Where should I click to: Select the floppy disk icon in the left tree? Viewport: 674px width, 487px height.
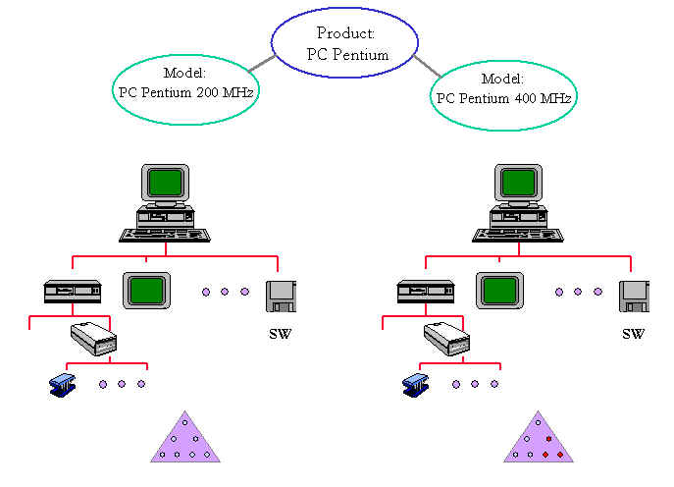point(281,295)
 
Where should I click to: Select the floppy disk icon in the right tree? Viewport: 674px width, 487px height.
point(634,295)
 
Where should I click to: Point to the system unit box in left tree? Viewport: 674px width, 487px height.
point(73,292)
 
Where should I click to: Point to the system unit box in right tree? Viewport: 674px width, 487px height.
point(426,292)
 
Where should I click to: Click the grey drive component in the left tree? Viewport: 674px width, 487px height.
point(94,338)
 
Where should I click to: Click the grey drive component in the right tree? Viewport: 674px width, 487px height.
point(447,338)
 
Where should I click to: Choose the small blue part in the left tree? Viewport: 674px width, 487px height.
point(63,384)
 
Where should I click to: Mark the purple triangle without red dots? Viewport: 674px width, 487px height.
point(185,440)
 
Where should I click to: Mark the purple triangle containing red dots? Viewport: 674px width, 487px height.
point(538,440)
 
